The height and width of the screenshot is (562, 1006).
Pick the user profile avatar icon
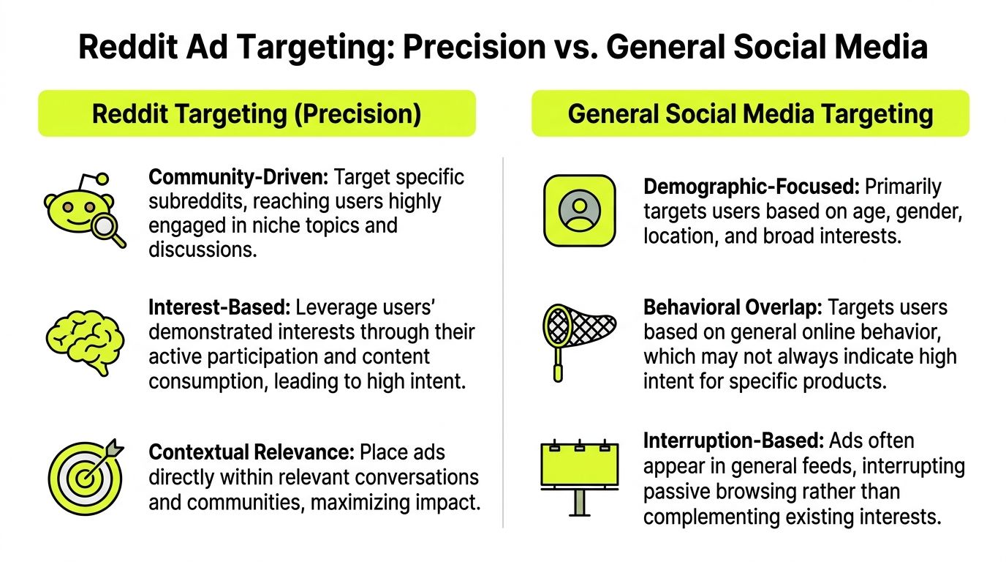tap(579, 210)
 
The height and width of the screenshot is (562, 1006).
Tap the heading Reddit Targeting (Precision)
tap(257, 114)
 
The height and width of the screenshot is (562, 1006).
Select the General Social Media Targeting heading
tap(750, 114)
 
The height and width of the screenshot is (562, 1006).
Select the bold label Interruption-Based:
tap(734, 442)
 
